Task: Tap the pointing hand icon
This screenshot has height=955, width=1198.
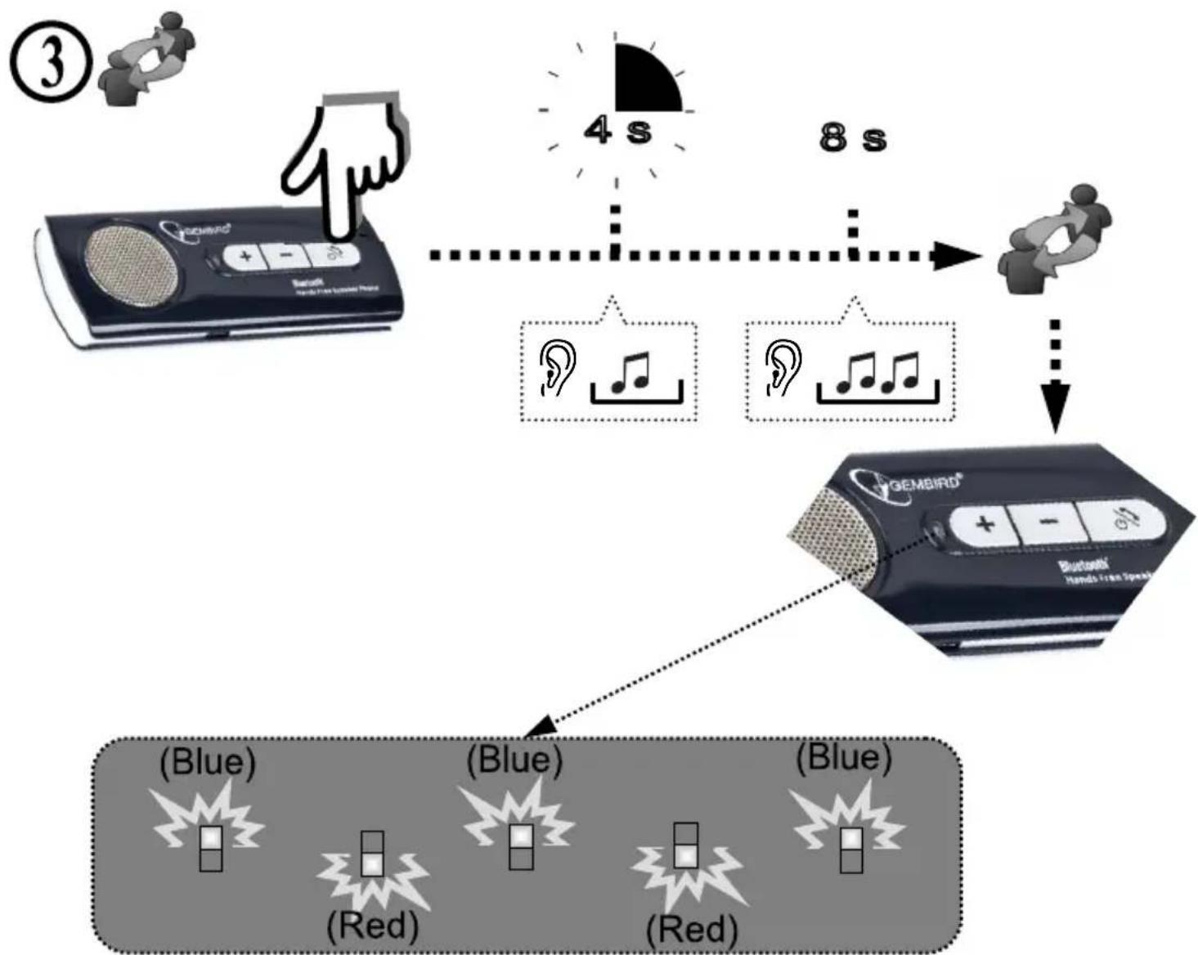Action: coord(343,164)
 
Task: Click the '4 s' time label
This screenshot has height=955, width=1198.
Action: coord(617,131)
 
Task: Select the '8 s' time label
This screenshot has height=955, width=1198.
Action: coord(851,137)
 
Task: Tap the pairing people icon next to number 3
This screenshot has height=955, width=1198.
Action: coord(147,59)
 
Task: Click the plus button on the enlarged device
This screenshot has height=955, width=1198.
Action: coord(985,523)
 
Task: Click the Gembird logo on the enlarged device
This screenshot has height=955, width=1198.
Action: coord(908,482)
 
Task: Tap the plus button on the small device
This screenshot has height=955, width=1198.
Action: coord(246,257)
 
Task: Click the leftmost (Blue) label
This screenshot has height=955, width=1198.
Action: coord(208,762)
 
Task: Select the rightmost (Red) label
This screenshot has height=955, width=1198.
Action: coord(692,930)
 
